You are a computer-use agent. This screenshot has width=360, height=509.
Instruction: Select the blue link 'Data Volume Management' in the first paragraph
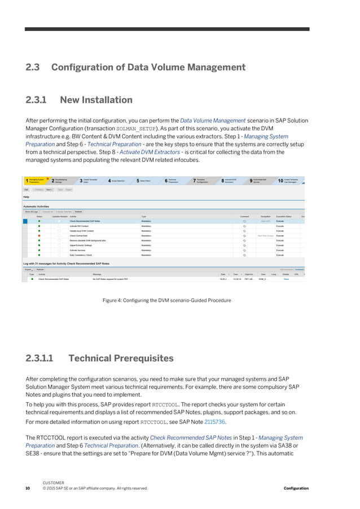(212, 120)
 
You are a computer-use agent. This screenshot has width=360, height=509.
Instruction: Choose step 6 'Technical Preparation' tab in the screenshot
(175, 181)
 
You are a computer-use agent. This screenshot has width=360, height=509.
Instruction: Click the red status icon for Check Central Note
(39, 235)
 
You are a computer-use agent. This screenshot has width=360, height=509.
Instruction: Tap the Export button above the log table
(28, 270)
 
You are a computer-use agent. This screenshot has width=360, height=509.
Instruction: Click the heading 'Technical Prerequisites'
(121, 358)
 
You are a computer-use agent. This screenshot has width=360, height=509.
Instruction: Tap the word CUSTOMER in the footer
(54, 483)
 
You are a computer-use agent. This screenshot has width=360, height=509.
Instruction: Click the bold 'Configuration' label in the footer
(296, 488)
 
